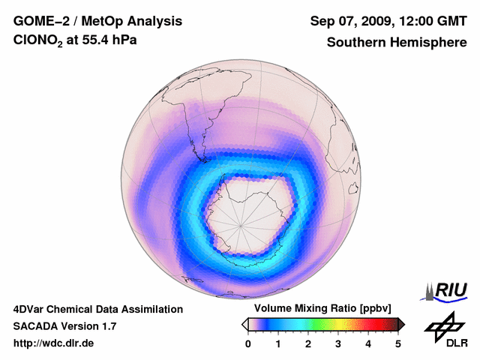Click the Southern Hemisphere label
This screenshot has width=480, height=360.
397,43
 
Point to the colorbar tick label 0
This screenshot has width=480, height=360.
248,343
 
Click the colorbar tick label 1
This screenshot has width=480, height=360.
278,343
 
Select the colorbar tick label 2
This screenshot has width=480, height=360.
308,343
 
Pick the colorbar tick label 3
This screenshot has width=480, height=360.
338,343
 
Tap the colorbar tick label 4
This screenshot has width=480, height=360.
368,343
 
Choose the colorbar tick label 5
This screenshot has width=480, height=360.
398,343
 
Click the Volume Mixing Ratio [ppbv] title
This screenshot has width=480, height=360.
323,309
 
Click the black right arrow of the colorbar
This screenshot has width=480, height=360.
401,324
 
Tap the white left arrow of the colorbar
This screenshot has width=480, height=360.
244,324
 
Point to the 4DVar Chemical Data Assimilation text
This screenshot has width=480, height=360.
97,309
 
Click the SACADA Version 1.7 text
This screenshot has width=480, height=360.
65,326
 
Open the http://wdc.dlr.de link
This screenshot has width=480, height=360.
54,343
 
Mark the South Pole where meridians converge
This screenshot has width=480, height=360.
241,223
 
